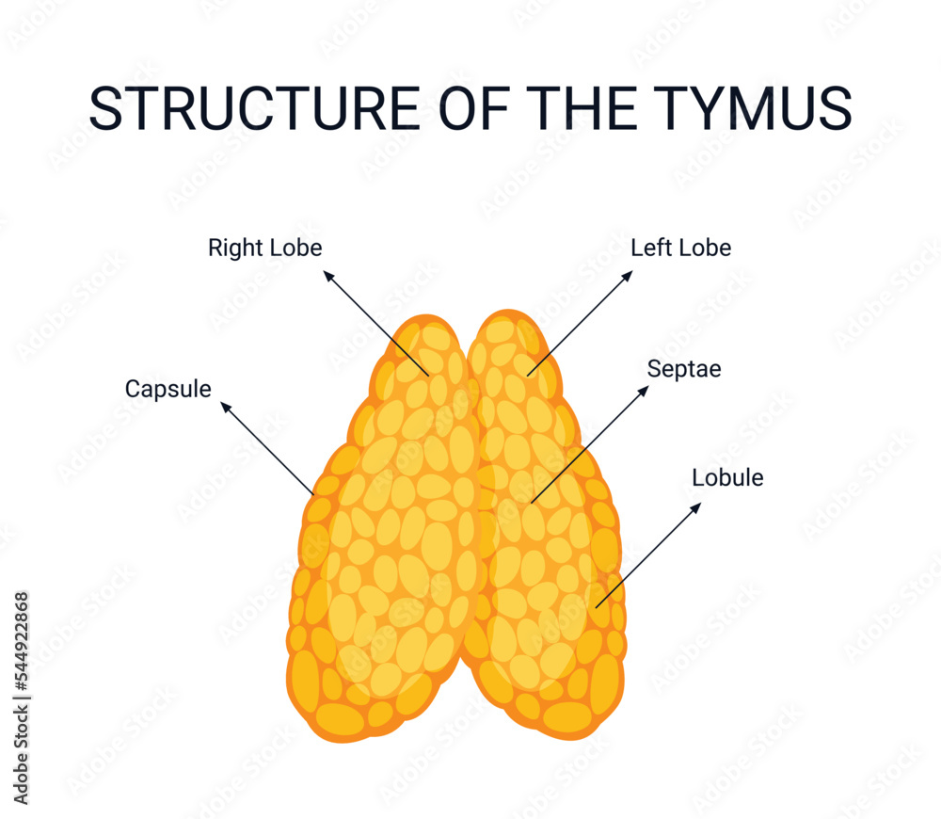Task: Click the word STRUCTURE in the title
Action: point(254,108)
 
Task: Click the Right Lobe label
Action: point(264,249)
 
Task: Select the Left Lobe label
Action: point(680,249)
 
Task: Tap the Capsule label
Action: point(167,389)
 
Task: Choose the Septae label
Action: point(683,369)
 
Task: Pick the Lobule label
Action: point(727,477)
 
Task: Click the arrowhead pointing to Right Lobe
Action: point(327,274)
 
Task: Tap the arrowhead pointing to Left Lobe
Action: point(630,274)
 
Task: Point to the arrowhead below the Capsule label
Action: point(224,406)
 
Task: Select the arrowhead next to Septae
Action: point(645,388)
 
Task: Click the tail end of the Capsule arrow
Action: point(312,493)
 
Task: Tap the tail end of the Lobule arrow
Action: point(596,606)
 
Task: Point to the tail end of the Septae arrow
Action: point(531,502)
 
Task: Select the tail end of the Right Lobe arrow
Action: point(429,376)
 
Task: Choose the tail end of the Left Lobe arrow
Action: point(528,376)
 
